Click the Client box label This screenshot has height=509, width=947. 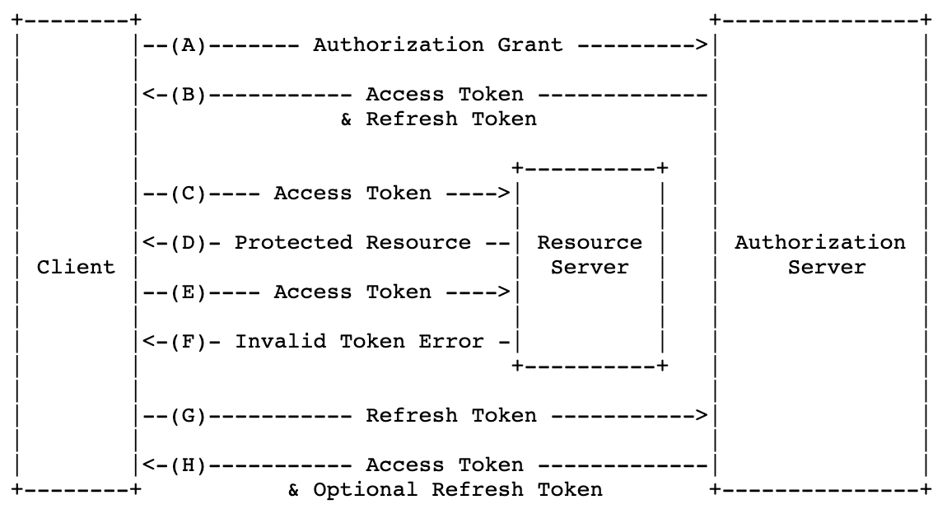pos(76,268)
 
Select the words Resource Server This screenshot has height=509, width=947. pos(590,254)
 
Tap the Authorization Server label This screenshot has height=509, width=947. pos(819,254)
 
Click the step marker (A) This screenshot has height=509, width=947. pos(188,45)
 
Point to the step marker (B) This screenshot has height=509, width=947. pos(188,95)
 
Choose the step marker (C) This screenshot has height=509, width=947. pos(188,194)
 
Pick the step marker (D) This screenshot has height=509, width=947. pos(188,243)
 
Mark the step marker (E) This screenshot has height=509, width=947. pos(188,292)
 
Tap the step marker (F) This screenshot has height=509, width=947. pos(188,342)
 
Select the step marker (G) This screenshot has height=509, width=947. pos(188,416)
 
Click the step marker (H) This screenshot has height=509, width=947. pos(188,465)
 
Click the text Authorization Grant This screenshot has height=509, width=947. pos(437,45)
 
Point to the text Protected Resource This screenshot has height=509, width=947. pos(352,243)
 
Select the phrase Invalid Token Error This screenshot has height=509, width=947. pos(359,342)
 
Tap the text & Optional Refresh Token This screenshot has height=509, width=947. pos(445,490)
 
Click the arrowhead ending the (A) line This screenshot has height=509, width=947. pos(702,45)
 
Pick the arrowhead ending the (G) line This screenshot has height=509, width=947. pos(702,416)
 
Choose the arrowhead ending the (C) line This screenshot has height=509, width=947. pos(504,194)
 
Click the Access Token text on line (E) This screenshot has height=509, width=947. pos(352,292)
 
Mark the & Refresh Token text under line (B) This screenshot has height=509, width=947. pos(438,119)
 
